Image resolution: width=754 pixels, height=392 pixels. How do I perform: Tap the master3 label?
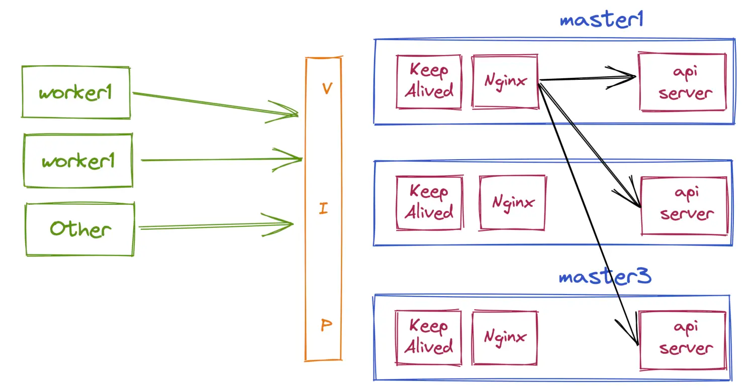[605, 277]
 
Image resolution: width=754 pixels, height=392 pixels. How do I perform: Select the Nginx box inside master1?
[505, 81]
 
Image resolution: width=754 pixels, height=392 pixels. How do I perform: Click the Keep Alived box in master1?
[429, 81]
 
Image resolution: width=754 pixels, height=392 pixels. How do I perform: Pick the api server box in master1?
[682, 81]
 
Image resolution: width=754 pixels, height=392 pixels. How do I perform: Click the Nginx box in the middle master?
[512, 202]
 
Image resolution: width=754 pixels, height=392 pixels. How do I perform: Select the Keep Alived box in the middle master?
[429, 202]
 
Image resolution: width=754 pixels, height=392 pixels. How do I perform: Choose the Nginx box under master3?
[505, 337]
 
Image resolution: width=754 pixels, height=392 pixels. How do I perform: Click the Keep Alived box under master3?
[428, 337]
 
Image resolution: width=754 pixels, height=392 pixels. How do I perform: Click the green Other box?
[80, 229]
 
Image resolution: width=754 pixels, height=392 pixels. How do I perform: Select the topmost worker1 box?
[75, 92]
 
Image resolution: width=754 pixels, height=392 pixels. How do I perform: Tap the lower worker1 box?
[78, 161]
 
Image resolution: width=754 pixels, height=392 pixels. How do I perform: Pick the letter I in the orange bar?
[323, 208]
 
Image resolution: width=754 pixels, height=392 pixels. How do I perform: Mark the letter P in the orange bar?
[326, 326]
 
